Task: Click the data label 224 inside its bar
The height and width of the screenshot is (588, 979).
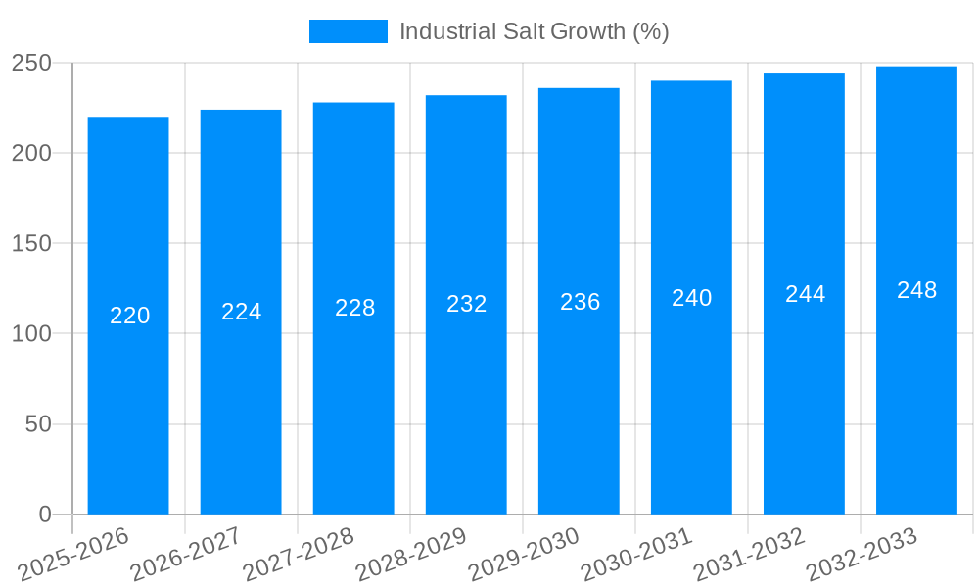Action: (241, 312)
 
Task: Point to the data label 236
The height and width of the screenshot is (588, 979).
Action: (580, 302)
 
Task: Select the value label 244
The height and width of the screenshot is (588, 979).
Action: (805, 294)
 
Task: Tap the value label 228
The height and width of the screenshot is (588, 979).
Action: (354, 308)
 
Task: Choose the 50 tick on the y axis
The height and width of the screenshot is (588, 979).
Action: (38, 424)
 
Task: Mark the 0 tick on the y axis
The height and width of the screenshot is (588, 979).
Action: (45, 514)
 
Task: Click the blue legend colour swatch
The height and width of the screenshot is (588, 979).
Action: (348, 31)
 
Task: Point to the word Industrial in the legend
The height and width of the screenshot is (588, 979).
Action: (446, 31)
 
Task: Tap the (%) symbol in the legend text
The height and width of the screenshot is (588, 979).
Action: (651, 31)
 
